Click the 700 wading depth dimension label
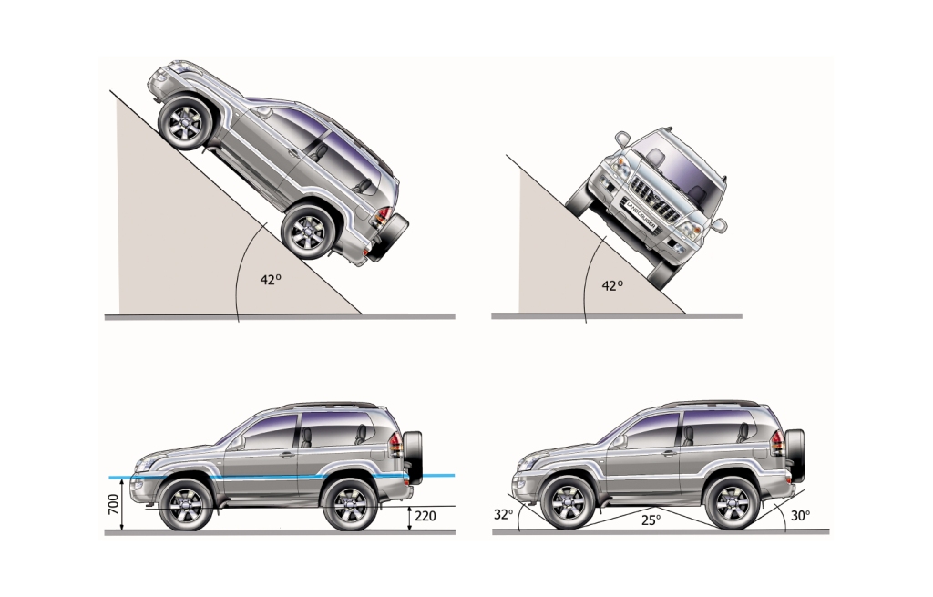click(x=114, y=505)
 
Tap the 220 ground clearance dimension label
click(x=425, y=516)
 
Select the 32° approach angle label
click(x=503, y=514)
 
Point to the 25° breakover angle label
click(x=651, y=520)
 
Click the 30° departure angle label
click(x=800, y=516)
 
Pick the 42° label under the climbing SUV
click(x=271, y=279)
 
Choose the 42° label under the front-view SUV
click(x=612, y=285)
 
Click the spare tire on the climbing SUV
click(x=388, y=237)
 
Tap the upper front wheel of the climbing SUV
click(x=186, y=123)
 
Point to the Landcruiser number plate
click(x=641, y=214)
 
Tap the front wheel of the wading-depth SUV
click(x=186, y=504)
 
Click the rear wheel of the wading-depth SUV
click(x=349, y=504)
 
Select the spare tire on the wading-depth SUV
click(x=413, y=458)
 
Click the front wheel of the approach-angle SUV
click(x=568, y=503)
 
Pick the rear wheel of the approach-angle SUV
click(x=732, y=503)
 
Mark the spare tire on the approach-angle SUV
click(x=795, y=456)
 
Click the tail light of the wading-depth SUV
click(x=395, y=445)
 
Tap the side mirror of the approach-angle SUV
click(x=620, y=441)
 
